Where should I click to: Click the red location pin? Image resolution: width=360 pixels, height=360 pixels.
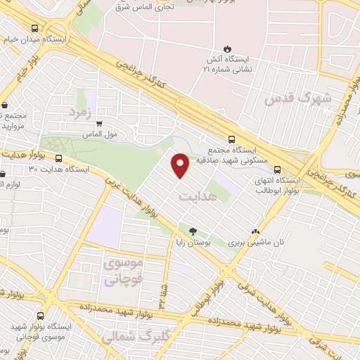tap(181, 165)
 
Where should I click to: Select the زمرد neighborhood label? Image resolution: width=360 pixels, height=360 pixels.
tap(81, 112)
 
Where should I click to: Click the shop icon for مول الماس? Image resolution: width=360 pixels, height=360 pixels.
tap(98, 123)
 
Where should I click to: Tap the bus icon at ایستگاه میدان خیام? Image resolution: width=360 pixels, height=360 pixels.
tap(35, 28)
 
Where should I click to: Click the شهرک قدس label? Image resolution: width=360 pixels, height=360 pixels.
tap(297, 99)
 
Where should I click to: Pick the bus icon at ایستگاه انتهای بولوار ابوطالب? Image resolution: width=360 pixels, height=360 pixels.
tap(278, 169)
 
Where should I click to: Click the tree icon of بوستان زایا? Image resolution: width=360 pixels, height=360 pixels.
tap(193, 230)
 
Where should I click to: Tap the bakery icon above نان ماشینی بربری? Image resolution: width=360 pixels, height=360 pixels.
tap(255, 230)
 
